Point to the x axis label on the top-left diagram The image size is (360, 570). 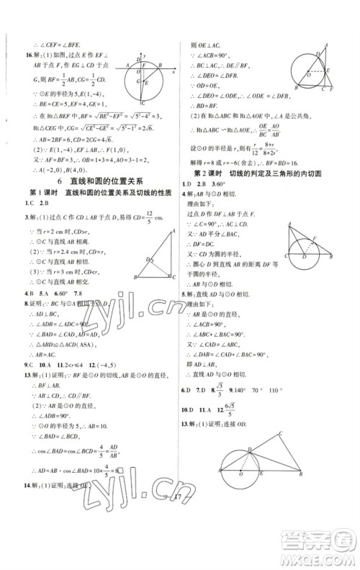pyautogui.click(x=174, y=72)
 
